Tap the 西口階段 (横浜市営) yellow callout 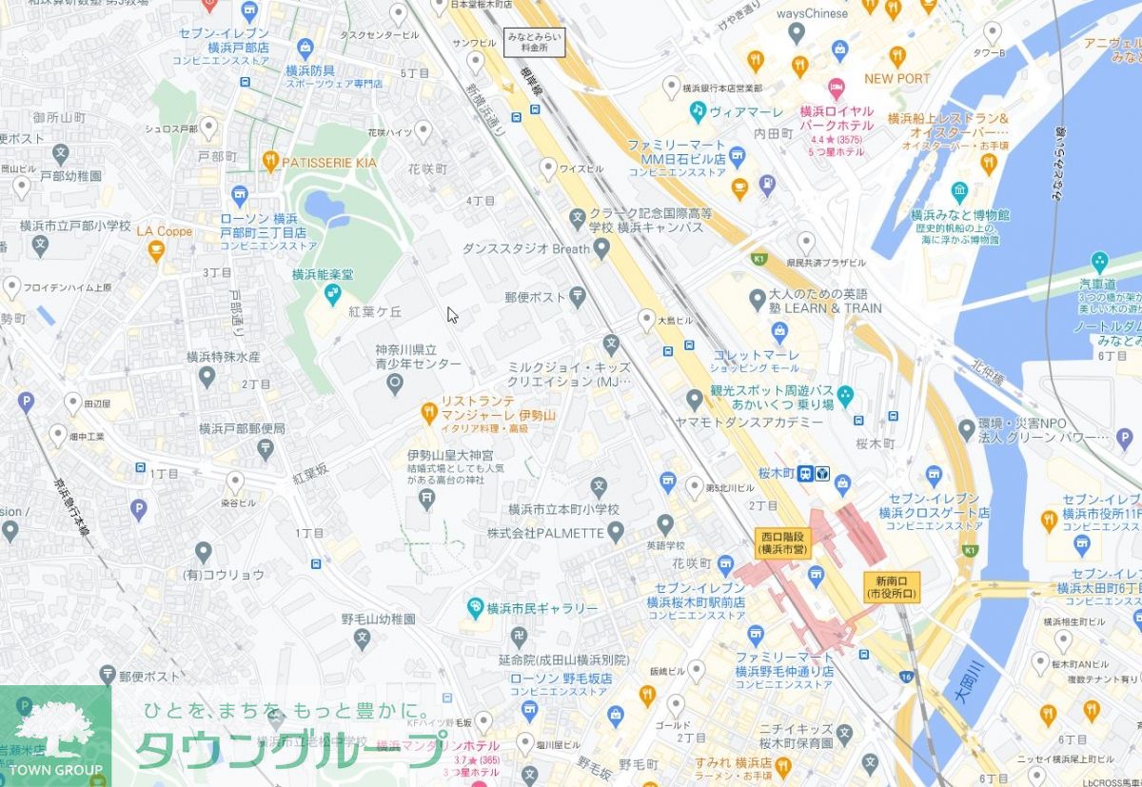click(x=781, y=542)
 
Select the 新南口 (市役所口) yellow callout click(x=892, y=587)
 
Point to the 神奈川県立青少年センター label click(x=418, y=357)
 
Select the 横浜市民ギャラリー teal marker click(x=475, y=607)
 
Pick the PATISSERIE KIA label click(x=329, y=163)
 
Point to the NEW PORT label click(x=896, y=78)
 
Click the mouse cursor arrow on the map click(x=452, y=315)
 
